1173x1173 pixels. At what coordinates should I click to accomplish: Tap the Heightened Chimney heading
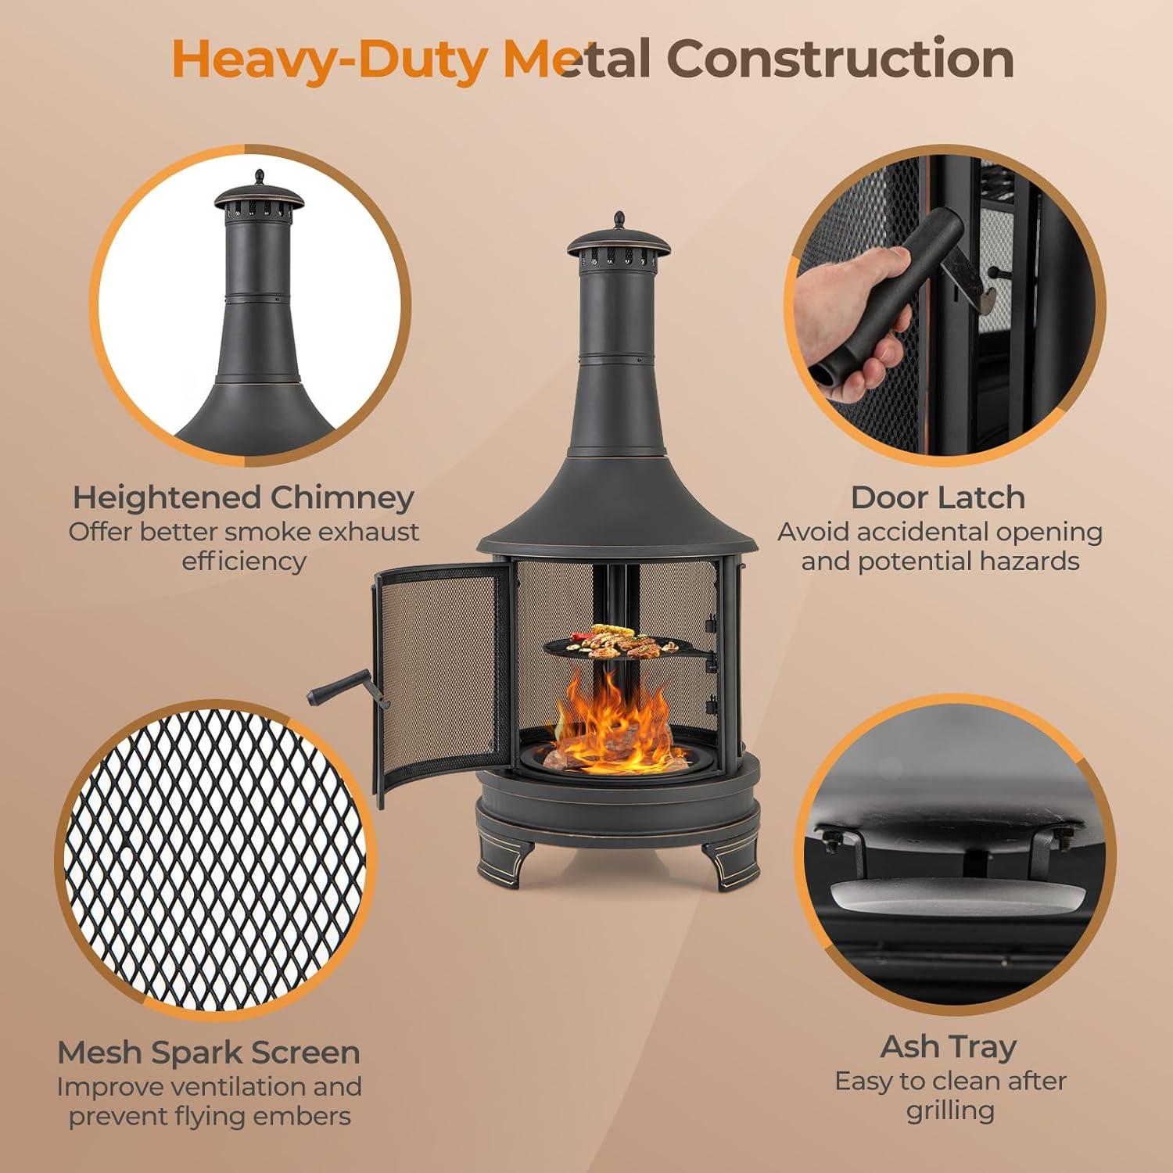[x=243, y=498]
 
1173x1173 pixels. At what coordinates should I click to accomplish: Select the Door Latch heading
[x=938, y=497]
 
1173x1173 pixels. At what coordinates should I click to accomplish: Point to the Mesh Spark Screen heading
[x=209, y=1053]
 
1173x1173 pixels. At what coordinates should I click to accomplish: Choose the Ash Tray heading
[x=949, y=1047]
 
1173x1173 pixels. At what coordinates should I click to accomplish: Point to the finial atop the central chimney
[x=619, y=220]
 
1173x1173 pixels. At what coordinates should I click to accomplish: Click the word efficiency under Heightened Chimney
[x=243, y=562]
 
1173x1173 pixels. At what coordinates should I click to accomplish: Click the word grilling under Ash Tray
[x=950, y=1111]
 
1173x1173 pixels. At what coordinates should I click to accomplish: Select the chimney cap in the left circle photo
[x=259, y=198]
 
